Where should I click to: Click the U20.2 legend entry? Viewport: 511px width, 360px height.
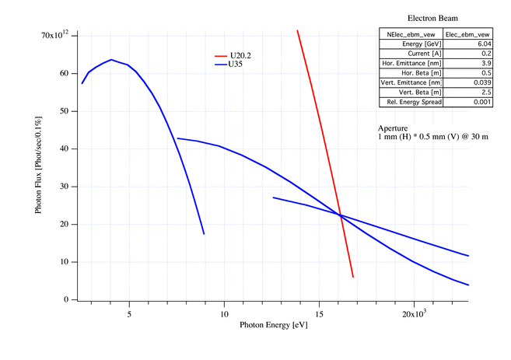click(x=240, y=57)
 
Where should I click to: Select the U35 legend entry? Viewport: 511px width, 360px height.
click(x=235, y=65)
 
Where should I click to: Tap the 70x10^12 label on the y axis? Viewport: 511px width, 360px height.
click(x=57, y=35)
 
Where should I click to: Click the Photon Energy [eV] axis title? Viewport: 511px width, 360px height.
click(x=273, y=325)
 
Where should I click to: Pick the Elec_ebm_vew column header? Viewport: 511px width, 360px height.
click(x=467, y=34)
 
